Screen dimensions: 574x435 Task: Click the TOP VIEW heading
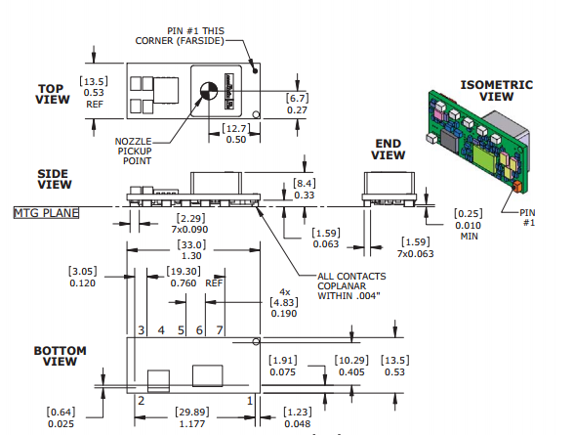tap(53, 94)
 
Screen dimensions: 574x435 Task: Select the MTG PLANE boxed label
tap(46, 213)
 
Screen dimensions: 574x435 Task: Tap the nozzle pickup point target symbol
tap(209, 91)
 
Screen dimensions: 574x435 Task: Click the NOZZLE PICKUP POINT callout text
tap(134, 151)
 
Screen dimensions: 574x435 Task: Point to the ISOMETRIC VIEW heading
tap(496, 91)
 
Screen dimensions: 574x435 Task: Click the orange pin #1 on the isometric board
tap(517, 186)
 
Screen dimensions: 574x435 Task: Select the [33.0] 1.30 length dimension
tap(191, 250)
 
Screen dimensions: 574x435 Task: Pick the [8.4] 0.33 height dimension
tap(305, 189)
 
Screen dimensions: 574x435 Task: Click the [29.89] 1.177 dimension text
tap(192, 417)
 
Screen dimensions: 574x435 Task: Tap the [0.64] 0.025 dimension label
tap(61, 417)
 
